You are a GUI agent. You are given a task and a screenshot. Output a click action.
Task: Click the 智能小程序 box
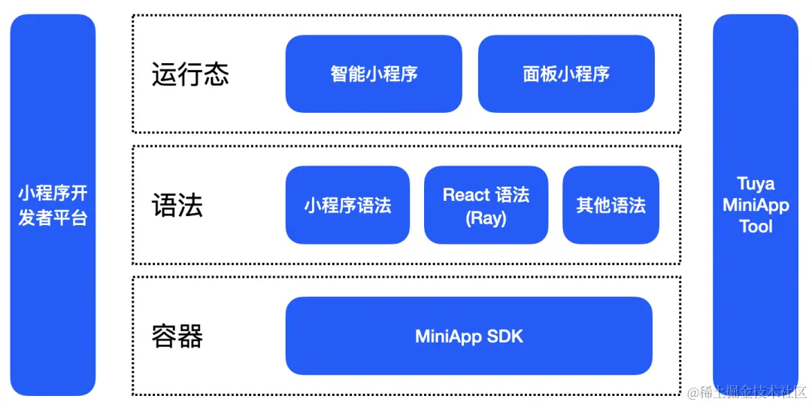[374, 74]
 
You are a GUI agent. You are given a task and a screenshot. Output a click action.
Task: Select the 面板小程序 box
[566, 74]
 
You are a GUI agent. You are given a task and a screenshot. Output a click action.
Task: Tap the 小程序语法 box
[347, 205]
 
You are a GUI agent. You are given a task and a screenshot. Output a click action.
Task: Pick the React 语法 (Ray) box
[486, 205]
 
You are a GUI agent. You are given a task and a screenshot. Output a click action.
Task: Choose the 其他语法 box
[611, 205]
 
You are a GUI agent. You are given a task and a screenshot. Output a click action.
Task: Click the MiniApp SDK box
[468, 336]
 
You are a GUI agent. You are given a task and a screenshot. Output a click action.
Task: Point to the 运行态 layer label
[190, 75]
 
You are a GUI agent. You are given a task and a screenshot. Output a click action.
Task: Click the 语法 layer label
[177, 206]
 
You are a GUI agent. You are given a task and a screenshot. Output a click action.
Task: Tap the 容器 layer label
[177, 336]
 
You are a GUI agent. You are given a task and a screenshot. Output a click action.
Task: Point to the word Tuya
[756, 184]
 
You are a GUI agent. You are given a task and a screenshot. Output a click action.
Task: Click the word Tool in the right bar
[756, 227]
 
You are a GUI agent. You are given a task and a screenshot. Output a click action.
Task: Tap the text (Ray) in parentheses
[486, 218]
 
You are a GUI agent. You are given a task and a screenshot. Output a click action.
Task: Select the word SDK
[504, 336]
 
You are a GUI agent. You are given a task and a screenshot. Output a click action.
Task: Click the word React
[466, 195]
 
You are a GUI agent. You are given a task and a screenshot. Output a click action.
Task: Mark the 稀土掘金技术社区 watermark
[746, 392]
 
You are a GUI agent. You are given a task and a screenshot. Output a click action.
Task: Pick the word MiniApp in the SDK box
[449, 336]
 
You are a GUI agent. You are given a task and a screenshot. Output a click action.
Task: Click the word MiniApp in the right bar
[756, 205]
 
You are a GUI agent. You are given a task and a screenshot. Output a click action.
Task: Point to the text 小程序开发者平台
[53, 206]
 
